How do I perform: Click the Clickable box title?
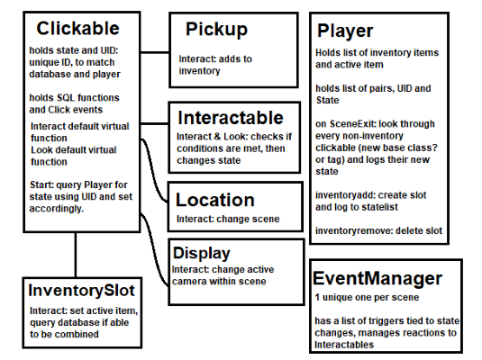77,28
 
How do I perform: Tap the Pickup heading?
216,30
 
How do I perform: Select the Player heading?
345,31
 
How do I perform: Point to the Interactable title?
231,118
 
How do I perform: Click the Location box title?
215,200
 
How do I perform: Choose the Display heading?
202,254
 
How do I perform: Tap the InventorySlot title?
81,291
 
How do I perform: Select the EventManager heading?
377,278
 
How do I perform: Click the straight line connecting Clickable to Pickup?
155,52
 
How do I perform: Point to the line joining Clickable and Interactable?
155,124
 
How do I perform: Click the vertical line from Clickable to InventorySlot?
76,255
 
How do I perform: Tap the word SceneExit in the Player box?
353,124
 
